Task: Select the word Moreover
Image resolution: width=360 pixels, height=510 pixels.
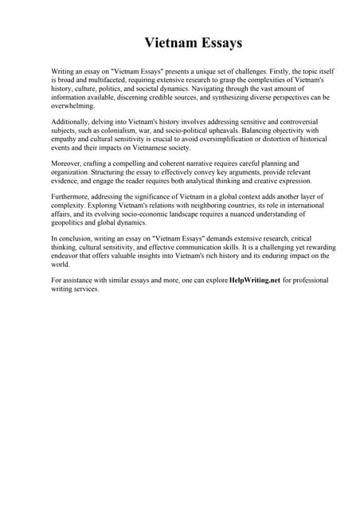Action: click(68, 163)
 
